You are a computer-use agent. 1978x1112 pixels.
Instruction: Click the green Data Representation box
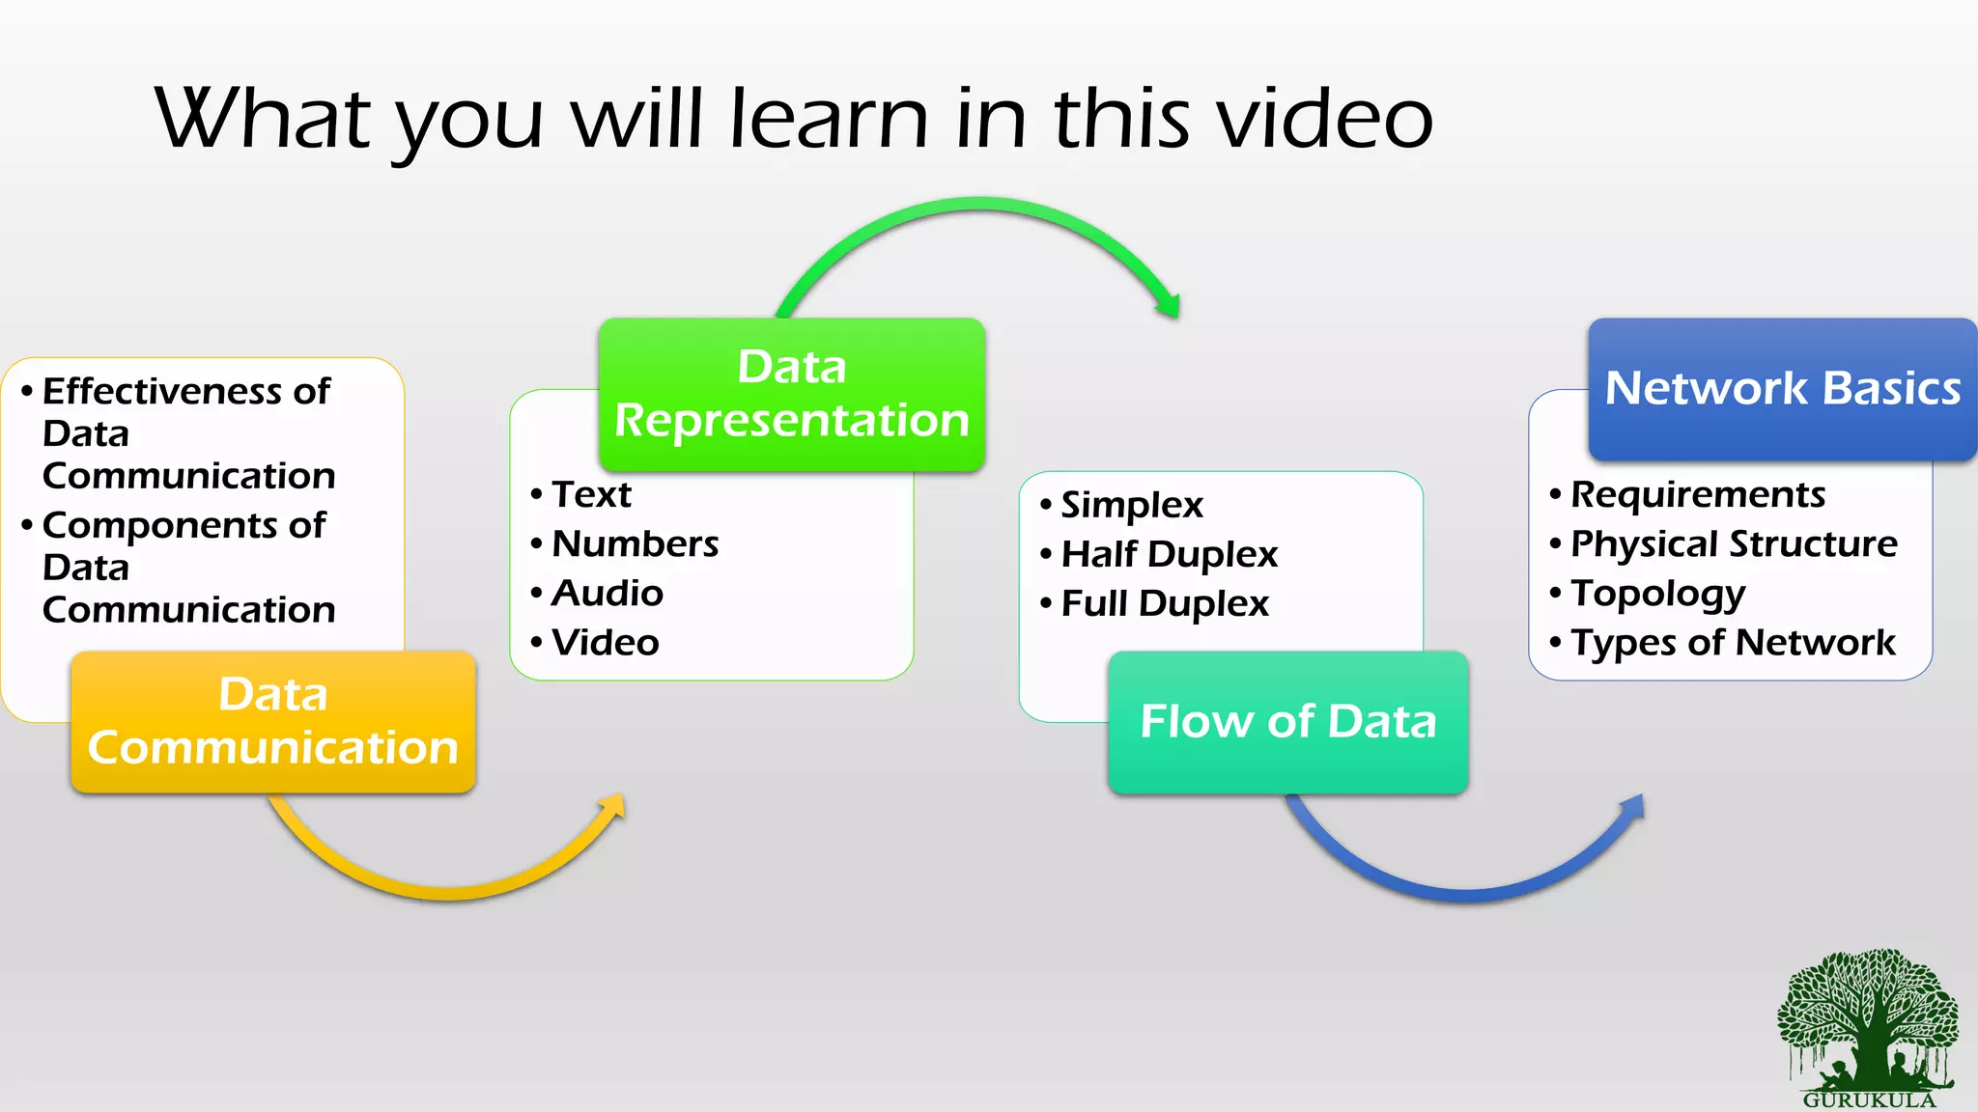792,394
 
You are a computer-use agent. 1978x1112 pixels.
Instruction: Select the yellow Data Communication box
273,722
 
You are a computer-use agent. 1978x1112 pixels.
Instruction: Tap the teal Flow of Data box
1288,722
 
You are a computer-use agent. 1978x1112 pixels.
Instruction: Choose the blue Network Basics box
1782,388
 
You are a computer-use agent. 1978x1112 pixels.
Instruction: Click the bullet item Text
591,494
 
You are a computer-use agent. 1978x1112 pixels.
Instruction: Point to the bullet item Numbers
635,543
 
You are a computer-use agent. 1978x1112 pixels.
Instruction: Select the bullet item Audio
607,593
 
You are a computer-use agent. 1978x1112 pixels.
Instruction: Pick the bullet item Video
605,642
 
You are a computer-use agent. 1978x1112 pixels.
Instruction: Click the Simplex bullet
1132,505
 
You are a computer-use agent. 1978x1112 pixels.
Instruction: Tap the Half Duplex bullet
1169,554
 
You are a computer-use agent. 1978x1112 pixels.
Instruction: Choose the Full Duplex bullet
1165,603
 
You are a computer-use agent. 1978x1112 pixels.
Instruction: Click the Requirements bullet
1698,494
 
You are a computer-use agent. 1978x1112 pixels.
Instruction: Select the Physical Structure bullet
1734,543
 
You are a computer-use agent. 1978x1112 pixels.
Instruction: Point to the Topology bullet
1657,593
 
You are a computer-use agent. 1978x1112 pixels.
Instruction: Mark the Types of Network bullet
1733,642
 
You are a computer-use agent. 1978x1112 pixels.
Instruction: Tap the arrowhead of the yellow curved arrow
613,807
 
